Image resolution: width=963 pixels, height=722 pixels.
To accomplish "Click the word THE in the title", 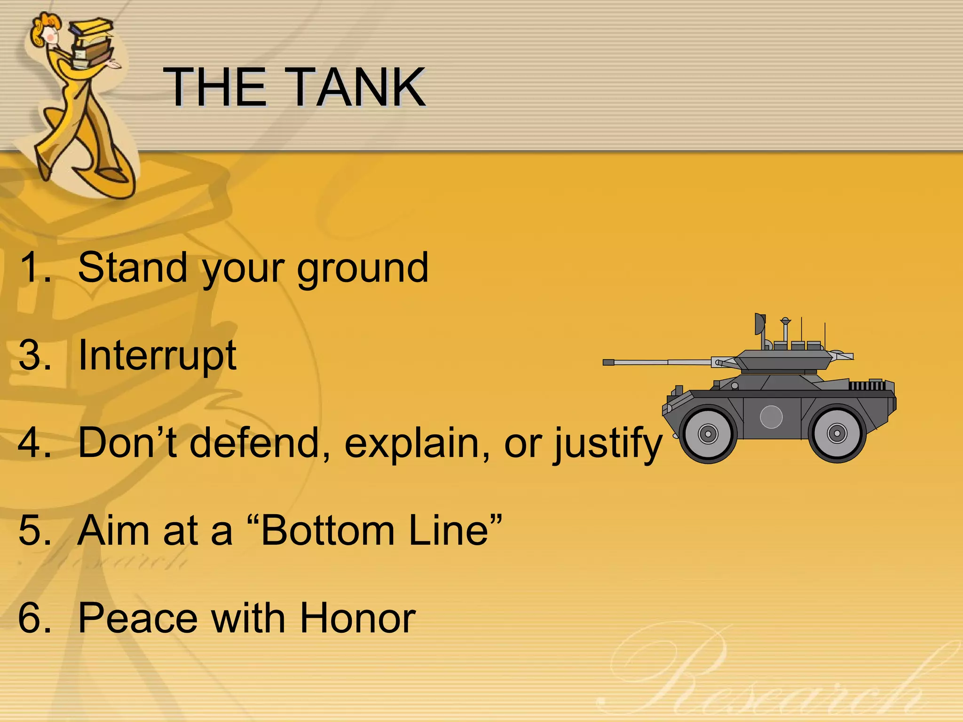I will pos(214,87).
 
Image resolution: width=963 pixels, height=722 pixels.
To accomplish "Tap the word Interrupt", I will pos(157,355).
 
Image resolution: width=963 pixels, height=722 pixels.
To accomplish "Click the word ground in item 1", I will pos(363,269).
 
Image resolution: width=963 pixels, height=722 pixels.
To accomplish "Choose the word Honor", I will pos(357,618).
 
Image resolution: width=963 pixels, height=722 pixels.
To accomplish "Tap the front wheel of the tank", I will pos(708,433).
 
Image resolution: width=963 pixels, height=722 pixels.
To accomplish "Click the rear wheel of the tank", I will pos(837,433).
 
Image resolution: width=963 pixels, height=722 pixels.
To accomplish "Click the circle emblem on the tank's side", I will pos(771,416).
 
